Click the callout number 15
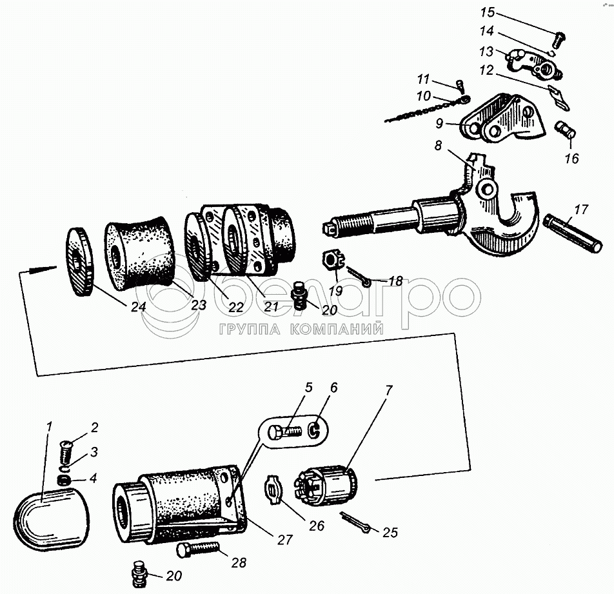point(488,12)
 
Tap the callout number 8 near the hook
point(438,145)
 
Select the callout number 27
point(284,540)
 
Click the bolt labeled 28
point(198,549)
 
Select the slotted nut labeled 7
point(326,485)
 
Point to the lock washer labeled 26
point(273,489)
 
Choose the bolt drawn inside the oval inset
point(284,432)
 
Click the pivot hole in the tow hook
point(488,190)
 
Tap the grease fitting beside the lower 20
point(139,574)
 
